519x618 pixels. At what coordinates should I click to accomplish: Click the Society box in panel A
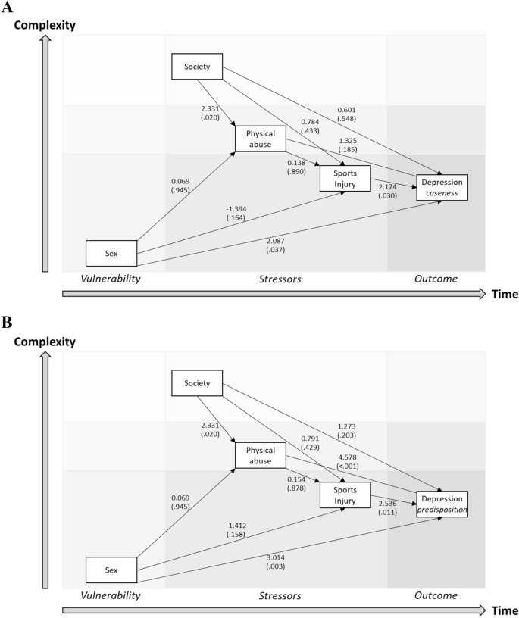[x=197, y=67]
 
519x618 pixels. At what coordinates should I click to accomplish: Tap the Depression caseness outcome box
[x=442, y=187]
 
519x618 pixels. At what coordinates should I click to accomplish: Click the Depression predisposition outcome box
[x=442, y=504]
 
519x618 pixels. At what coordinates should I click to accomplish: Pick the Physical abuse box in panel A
[x=260, y=139]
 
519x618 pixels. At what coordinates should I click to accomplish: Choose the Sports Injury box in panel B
[x=345, y=494]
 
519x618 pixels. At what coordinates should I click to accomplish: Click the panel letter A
[x=8, y=8]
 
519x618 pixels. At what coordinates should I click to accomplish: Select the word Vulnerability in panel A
[x=111, y=279]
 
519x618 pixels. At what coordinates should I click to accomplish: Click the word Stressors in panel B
[x=280, y=596]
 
